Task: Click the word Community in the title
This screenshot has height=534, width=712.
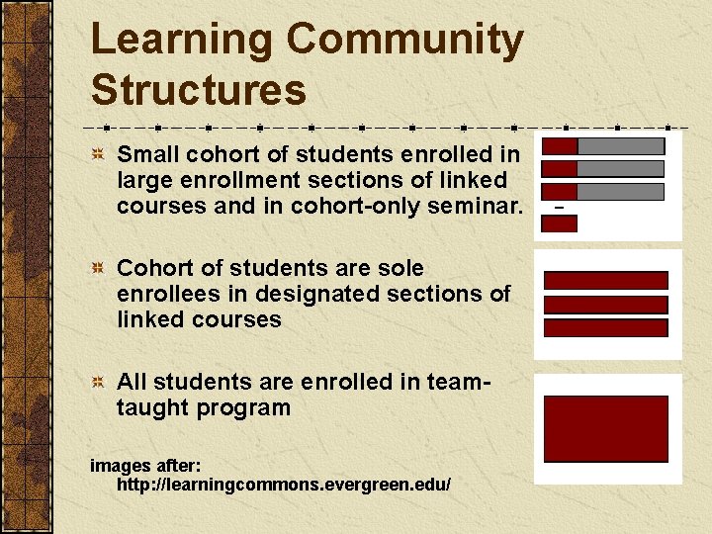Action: [x=404, y=41]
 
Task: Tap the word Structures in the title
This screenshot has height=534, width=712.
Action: [x=198, y=90]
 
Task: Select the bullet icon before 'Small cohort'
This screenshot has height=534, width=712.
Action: [x=99, y=155]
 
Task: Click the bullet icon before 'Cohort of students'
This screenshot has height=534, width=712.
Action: [x=99, y=269]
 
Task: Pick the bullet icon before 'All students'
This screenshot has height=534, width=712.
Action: [x=99, y=383]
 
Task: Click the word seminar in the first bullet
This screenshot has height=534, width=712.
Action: [x=483, y=206]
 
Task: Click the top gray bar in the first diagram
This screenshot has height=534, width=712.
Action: [x=620, y=145]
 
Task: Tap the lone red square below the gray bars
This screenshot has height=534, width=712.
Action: [x=560, y=223]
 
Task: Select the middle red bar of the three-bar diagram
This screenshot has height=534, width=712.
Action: [x=605, y=305]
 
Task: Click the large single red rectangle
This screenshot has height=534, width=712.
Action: [x=605, y=428]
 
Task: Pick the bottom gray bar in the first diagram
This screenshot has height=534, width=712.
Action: [x=620, y=192]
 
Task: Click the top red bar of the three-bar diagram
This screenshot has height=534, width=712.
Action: [x=605, y=281]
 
